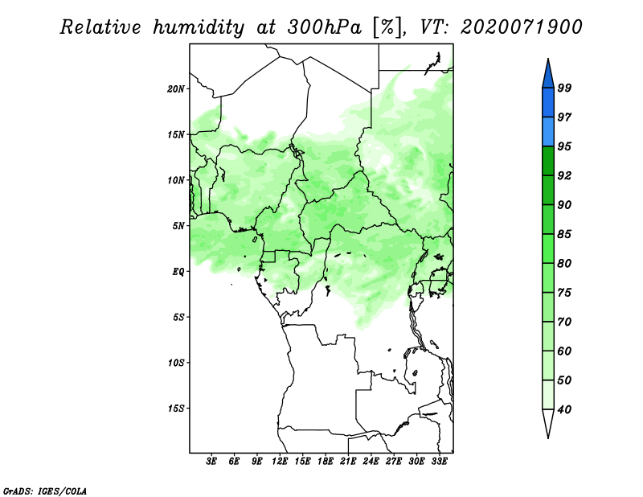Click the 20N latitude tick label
[x=176, y=88]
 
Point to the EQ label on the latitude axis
[x=178, y=272]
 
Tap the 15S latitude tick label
[x=176, y=409]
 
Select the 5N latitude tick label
[x=178, y=226]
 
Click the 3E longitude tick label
[x=211, y=461]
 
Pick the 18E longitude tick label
[x=326, y=461]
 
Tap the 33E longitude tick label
[x=439, y=461]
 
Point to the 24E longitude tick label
[x=371, y=461]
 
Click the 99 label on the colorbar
[x=564, y=88]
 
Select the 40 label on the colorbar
[x=564, y=409]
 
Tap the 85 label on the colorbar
[x=564, y=234]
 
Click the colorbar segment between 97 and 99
[x=548, y=103]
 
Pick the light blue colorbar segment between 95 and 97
[x=548, y=132]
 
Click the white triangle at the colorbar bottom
[x=548, y=422]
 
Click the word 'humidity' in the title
[x=199, y=27]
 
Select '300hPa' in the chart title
[x=325, y=27]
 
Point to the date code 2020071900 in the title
[x=521, y=27]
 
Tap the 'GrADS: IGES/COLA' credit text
[x=45, y=491]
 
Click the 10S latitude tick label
[x=176, y=363]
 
